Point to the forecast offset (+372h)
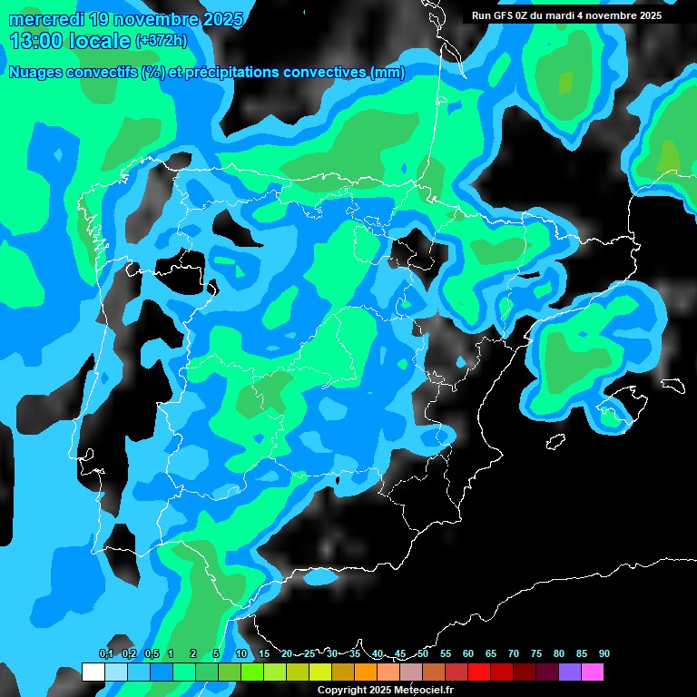(162, 41)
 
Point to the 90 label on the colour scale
(604, 653)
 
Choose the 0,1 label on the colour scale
(105, 653)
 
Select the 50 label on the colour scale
(423, 653)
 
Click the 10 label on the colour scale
(241, 653)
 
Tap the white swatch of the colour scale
(93, 672)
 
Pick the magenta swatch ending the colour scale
(592, 672)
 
